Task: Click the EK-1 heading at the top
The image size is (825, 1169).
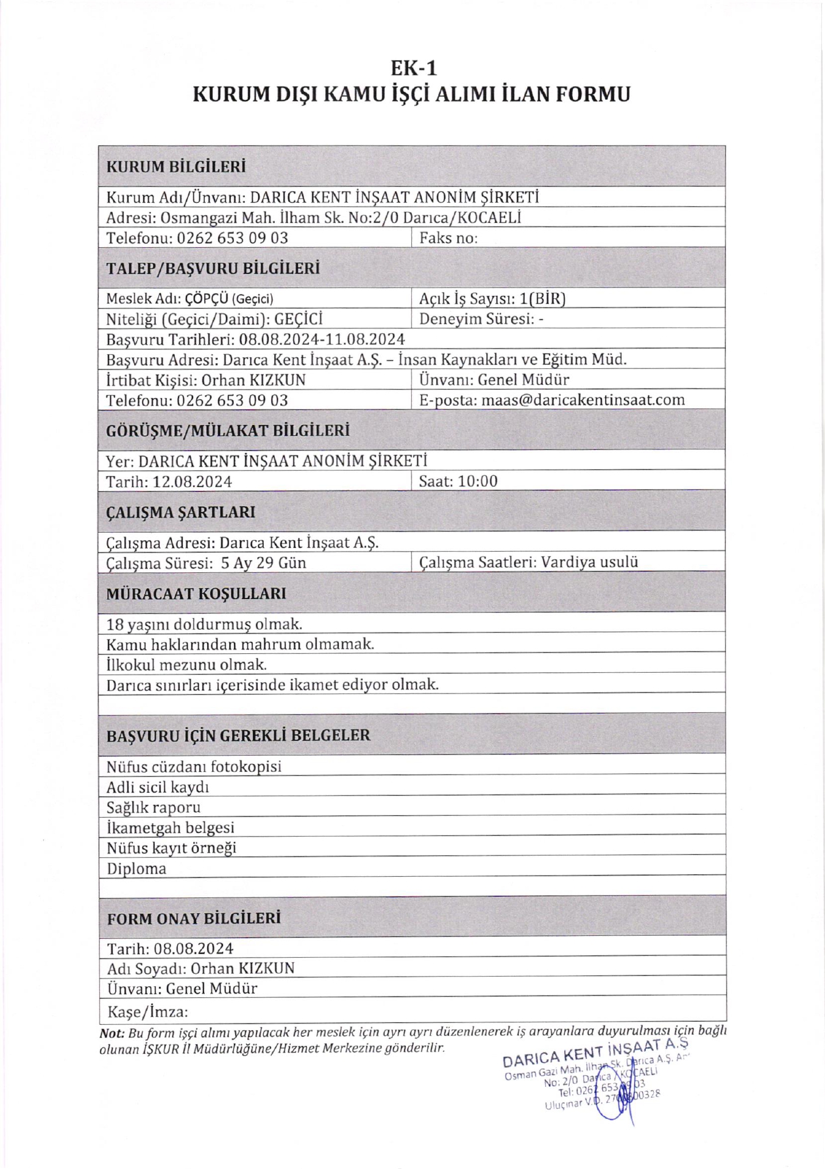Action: pyautogui.click(x=412, y=67)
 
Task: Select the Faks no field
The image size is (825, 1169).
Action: pyautogui.click(x=448, y=238)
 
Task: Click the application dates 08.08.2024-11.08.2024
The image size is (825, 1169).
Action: pyautogui.click(x=322, y=339)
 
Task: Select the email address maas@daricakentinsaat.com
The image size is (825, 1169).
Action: pyautogui.click(x=582, y=400)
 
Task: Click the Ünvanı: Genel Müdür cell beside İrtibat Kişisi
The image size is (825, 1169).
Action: pyautogui.click(x=494, y=380)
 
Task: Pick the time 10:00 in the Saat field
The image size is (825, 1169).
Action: pyautogui.click(x=478, y=482)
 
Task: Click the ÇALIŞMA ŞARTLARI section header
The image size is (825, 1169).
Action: pyautogui.click(x=180, y=512)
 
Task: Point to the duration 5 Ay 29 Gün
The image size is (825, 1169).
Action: pyautogui.click(x=263, y=563)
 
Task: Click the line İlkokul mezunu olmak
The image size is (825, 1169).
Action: pyautogui.click(x=186, y=664)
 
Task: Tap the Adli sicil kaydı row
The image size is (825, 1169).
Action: pyautogui.click(x=158, y=787)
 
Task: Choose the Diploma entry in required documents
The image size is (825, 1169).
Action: pyautogui.click(x=136, y=869)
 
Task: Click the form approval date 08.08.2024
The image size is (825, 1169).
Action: pyautogui.click(x=193, y=949)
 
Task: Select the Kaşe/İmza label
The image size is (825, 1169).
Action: pyautogui.click(x=147, y=1012)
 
